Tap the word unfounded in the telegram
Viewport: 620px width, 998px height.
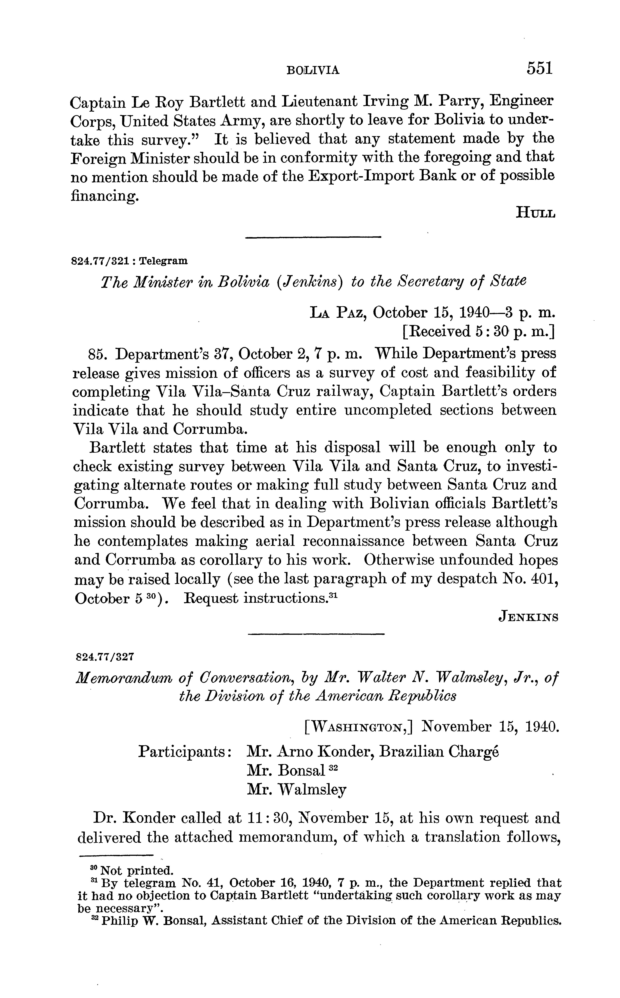click(x=467, y=560)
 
